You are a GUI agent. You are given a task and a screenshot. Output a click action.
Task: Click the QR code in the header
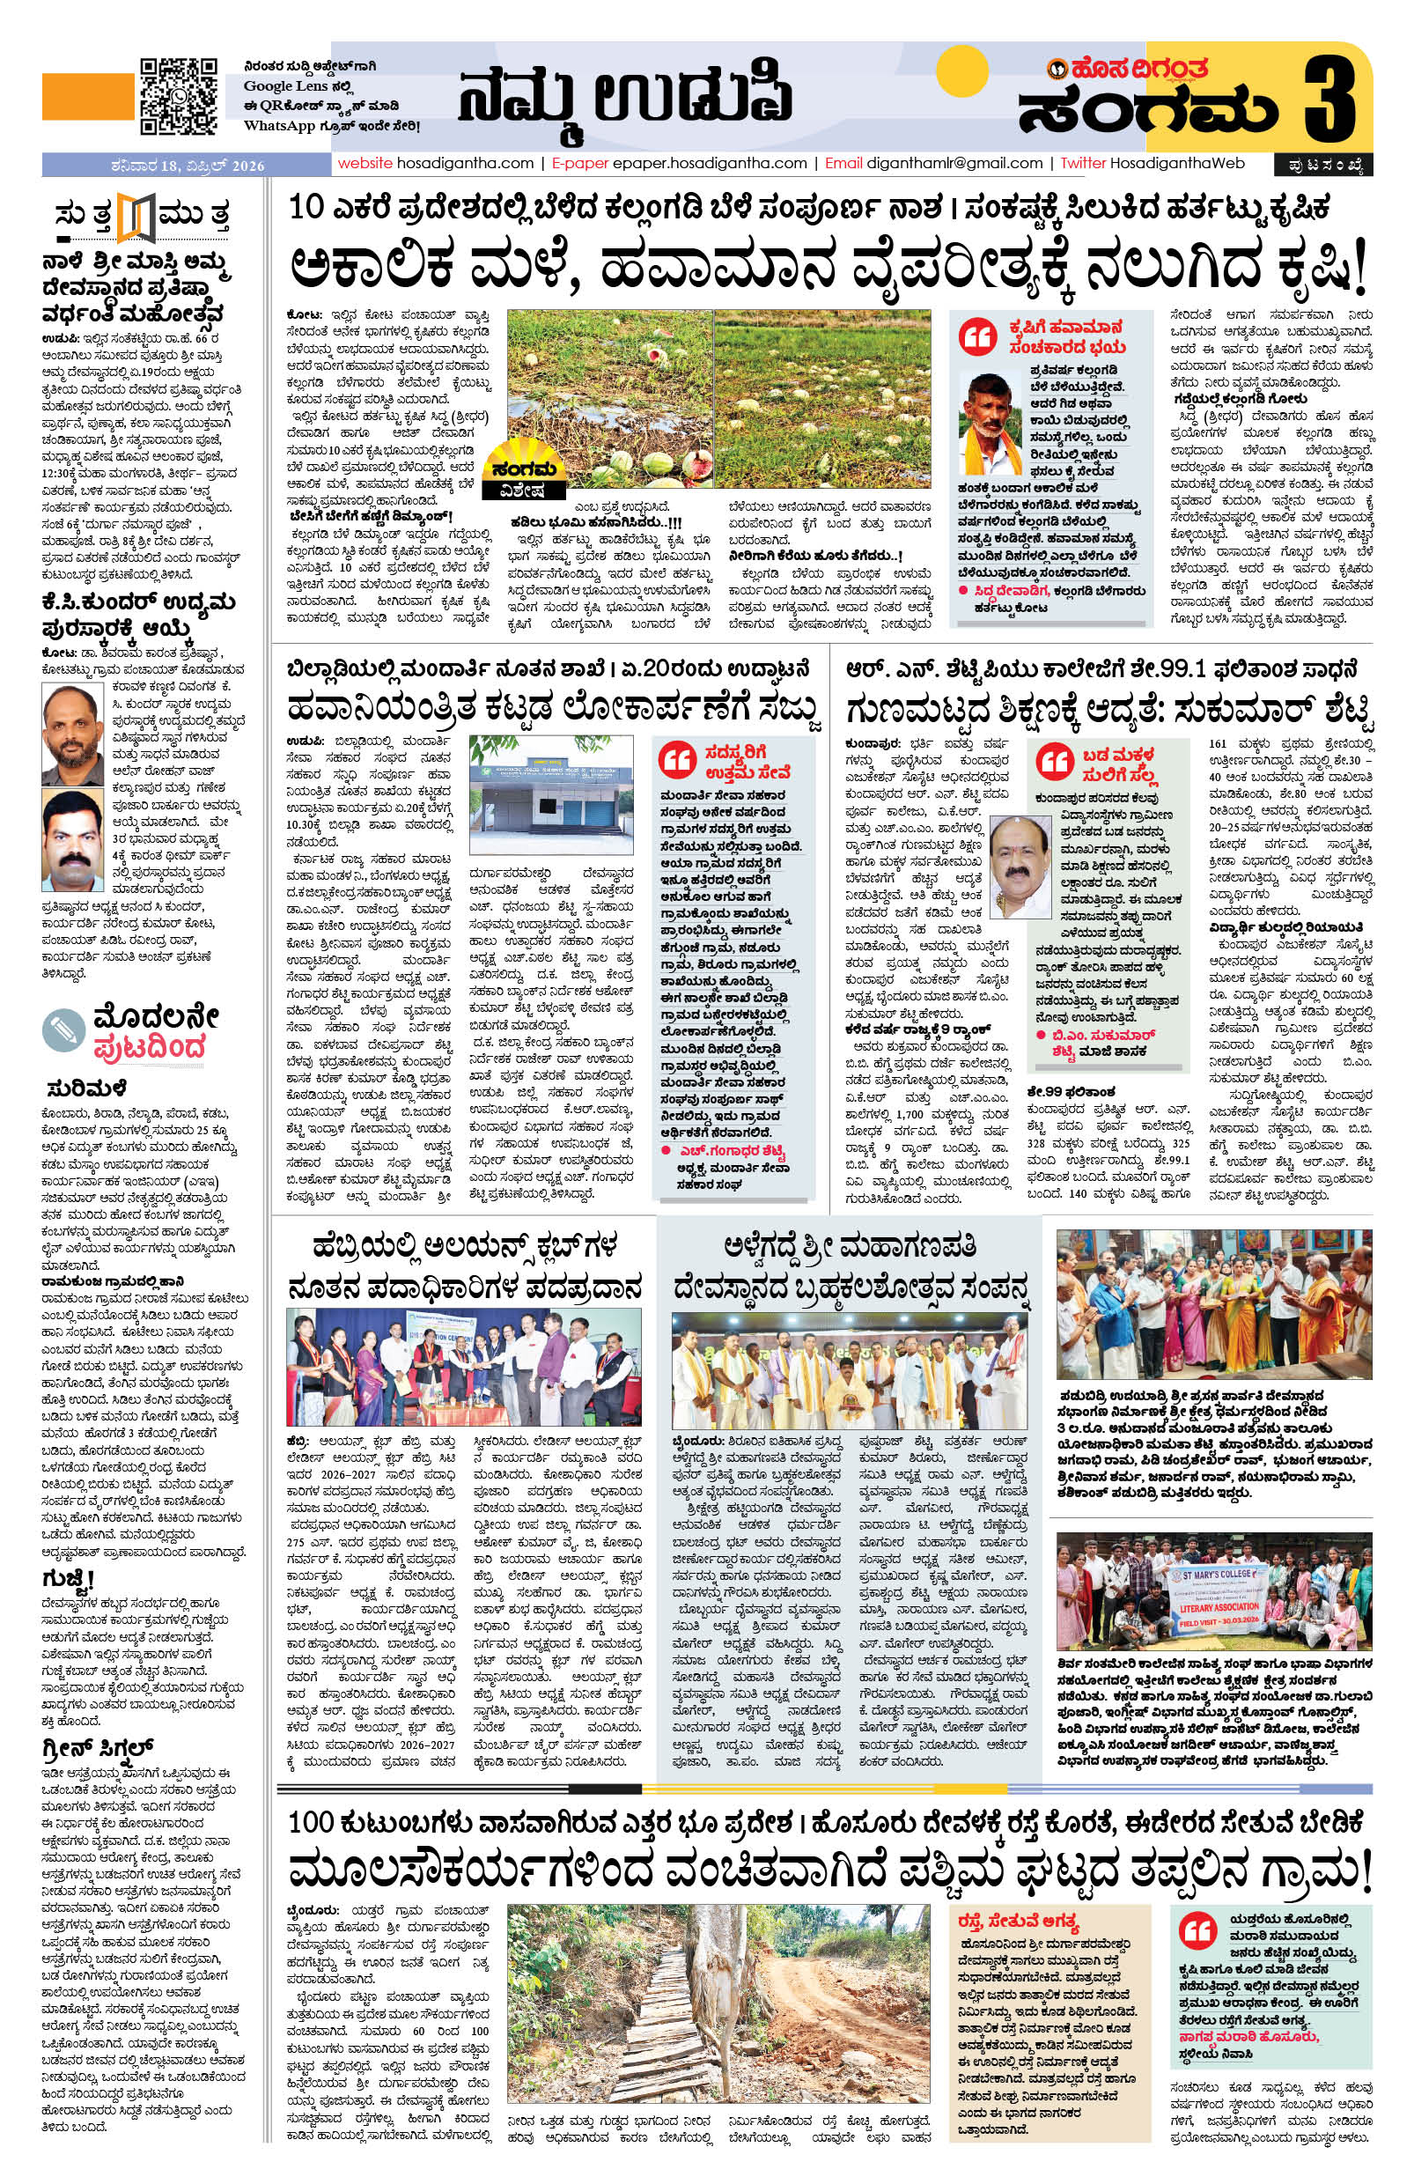[178, 96]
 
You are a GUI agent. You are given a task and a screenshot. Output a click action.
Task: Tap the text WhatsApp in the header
[279, 126]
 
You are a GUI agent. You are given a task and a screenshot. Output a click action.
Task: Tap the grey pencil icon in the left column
[64, 1031]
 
